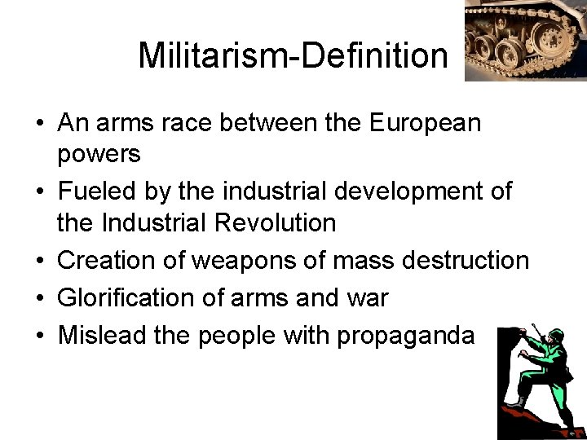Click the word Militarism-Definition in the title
[x=293, y=56]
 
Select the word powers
[x=99, y=154]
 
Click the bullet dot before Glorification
[x=40, y=299]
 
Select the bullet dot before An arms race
[x=40, y=125]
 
